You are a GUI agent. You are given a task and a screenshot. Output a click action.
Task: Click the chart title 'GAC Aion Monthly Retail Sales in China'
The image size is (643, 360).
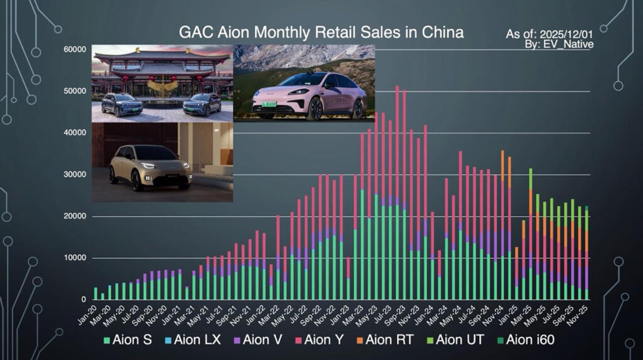coord(321,32)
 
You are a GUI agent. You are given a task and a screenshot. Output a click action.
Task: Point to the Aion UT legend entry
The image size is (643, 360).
coord(460,341)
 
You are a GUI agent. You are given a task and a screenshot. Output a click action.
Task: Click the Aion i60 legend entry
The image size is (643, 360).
coord(529,341)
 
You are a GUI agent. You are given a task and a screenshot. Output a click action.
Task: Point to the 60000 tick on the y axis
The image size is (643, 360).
coord(75,50)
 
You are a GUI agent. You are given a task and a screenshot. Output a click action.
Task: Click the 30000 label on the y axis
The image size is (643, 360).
coord(75,175)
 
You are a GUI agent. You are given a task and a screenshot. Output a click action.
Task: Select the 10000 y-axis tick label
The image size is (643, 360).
coord(75,258)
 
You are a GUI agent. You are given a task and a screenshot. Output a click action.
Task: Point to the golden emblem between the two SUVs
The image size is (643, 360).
coord(162,87)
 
